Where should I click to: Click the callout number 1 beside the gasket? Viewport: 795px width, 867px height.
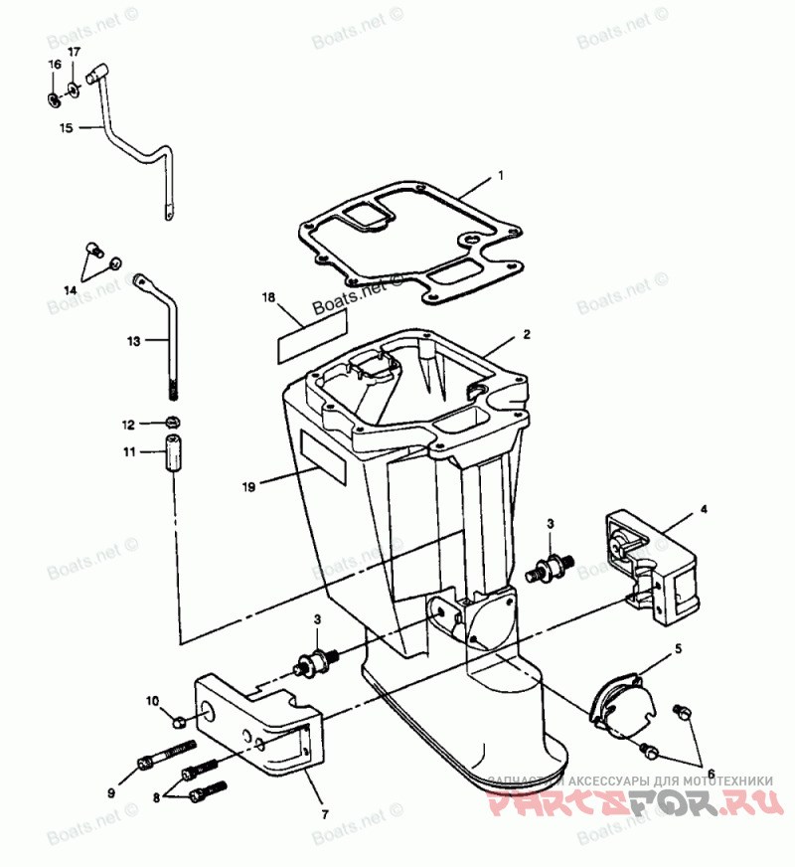coord(501,175)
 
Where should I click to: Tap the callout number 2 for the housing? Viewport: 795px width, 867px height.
coord(527,334)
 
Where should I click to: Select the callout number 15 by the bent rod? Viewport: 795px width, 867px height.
coord(66,127)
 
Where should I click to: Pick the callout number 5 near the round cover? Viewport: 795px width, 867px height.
coord(679,648)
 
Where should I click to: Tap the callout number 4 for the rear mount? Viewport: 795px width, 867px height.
coord(703,509)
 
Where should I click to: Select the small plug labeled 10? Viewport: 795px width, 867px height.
coord(180,720)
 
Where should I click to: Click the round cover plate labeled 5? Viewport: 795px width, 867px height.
coord(622,707)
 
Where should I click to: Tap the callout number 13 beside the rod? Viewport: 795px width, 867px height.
coord(134,341)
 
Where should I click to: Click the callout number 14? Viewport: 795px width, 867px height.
coord(70,288)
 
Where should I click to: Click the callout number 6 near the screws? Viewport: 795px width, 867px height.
coord(710,774)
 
